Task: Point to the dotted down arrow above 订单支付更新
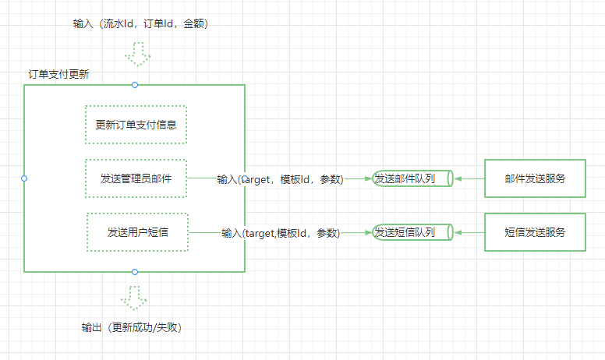138,54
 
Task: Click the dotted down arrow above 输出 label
134,298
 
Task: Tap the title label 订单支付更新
58,74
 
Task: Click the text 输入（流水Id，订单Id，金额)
140,24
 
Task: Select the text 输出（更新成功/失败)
132,327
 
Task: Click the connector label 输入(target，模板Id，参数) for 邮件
280,179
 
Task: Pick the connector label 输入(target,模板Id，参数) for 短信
281,233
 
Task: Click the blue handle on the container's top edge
135,85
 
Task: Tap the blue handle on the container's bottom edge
135,272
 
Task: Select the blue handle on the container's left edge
24,178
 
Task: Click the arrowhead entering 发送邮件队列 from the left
369,178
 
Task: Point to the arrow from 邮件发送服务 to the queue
469,178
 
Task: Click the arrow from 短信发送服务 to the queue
469,232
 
